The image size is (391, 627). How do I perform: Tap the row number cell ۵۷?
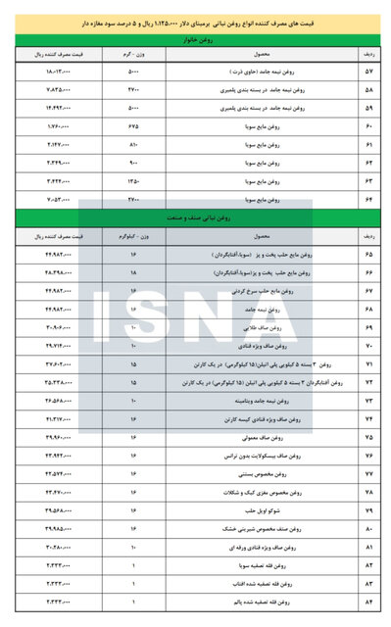(368, 73)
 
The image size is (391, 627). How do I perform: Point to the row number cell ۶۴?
(368, 199)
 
